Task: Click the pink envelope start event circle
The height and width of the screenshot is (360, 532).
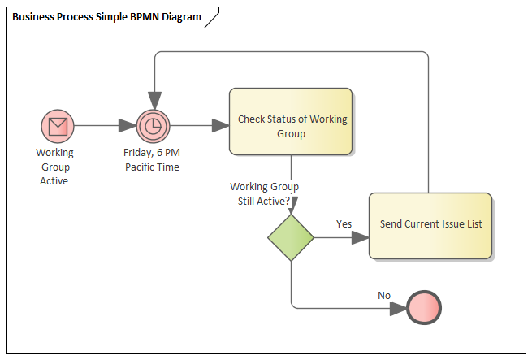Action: pyautogui.click(x=58, y=126)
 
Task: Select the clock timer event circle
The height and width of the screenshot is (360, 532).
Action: pyautogui.click(x=152, y=126)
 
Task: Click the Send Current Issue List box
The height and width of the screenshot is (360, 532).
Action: pyautogui.click(x=430, y=225)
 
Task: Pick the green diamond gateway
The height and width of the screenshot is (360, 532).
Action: pyautogui.click(x=291, y=237)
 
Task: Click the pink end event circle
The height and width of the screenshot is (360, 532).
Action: pyautogui.click(x=425, y=309)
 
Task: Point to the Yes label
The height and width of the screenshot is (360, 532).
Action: pyautogui.click(x=344, y=223)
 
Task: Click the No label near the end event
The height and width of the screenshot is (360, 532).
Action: pyautogui.click(x=384, y=295)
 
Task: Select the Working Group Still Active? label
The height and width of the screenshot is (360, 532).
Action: pyautogui.click(x=264, y=193)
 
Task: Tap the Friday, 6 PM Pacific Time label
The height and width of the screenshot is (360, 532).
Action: pyautogui.click(x=152, y=159)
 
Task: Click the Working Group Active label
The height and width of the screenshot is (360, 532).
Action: pyautogui.click(x=54, y=166)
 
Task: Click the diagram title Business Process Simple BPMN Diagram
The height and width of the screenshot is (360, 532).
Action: pyautogui.click(x=106, y=17)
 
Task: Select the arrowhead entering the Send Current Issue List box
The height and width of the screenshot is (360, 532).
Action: pyautogui.click(x=360, y=237)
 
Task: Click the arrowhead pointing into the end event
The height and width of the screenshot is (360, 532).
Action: pyautogui.click(x=399, y=309)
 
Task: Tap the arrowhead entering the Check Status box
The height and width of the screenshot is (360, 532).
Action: pyautogui.click(x=220, y=126)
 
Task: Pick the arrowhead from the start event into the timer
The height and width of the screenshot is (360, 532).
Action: pyautogui.click(x=127, y=126)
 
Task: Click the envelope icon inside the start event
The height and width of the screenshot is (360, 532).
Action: pyautogui.click(x=58, y=126)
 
